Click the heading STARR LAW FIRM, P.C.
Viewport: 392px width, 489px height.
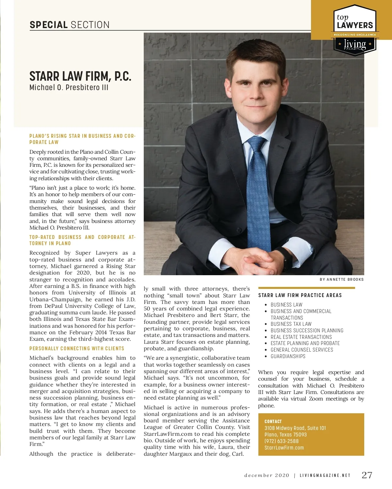pyautogui.click(x=80, y=76)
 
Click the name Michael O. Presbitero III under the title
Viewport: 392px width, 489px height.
pyautogui.click(x=69, y=87)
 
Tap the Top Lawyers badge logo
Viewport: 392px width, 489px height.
pyautogui.click(x=355, y=29)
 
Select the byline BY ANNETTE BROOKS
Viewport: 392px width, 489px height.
pyautogui.click(x=341, y=279)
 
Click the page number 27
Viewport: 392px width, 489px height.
pyautogui.click(x=367, y=475)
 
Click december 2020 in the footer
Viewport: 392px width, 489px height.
pyautogui.click(x=267, y=475)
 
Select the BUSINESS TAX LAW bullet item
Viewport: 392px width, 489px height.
pyautogui.click(x=291, y=324)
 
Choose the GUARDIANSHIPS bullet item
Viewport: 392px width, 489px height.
pyautogui.click(x=288, y=356)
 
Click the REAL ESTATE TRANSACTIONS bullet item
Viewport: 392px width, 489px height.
pyautogui.click(x=301, y=337)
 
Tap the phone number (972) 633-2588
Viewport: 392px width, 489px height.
pyautogui.click(x=282, y=441)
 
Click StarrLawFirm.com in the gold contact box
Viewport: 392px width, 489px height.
pyautogui.click(x=284, y=448)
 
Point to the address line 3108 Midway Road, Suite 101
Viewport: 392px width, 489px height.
pyautogui.click(x=295, y=428)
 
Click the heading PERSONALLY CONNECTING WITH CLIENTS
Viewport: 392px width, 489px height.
pyautogui.click(x=77, y=349)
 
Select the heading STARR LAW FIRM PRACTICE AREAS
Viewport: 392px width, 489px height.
pyautogui.click(x=300, y=295)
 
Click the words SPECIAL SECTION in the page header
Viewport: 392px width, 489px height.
pyautogui.click(x=70, y=25)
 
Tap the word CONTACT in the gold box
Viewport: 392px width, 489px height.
pyautogui.click(x=273, y=421)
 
